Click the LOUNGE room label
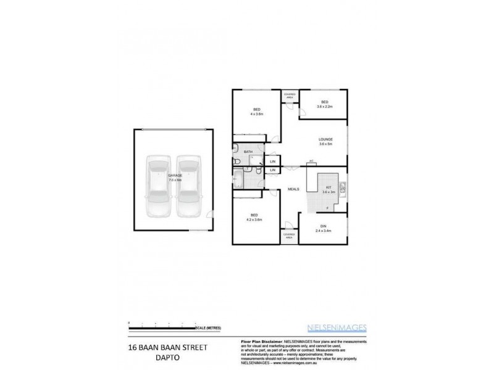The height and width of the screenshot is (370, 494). pos(325,142)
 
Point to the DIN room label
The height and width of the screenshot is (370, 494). pos(324,228)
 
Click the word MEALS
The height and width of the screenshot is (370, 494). pos(295,189)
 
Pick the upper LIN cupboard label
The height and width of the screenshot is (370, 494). pos(272,162)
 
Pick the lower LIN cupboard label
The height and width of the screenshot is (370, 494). pos(272,170)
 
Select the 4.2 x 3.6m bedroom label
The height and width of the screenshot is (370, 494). pos(254,217)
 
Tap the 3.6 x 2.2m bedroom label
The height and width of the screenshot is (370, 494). pos(324,105)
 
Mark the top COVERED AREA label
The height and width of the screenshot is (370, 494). pos(290,96)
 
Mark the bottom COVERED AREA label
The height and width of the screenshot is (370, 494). pos(289,235)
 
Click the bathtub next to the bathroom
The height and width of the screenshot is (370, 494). pos(238,180)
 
